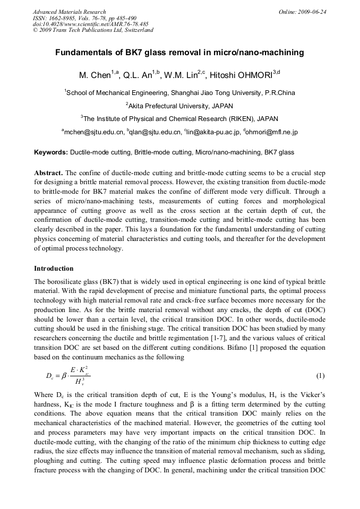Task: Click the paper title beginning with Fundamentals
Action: coord(179,53)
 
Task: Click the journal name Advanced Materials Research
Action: coord(69,12)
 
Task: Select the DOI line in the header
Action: coord(90,24)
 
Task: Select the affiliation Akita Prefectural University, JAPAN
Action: coord(179,106)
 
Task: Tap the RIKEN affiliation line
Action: coord(179,119)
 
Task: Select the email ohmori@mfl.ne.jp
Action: coord(271,132)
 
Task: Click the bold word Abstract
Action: coord(48,173)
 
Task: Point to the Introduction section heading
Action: coord(54,268)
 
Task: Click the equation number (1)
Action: coord(320,376)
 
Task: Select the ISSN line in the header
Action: coord(84,18)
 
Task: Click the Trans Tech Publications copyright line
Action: coord(93,30)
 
